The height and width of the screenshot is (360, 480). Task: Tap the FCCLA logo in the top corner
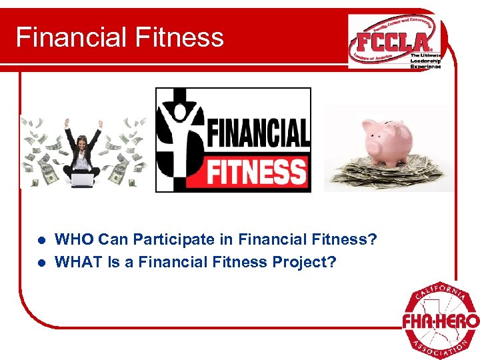coord(393,41)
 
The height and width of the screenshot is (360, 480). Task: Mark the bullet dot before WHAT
coord(41,263)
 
